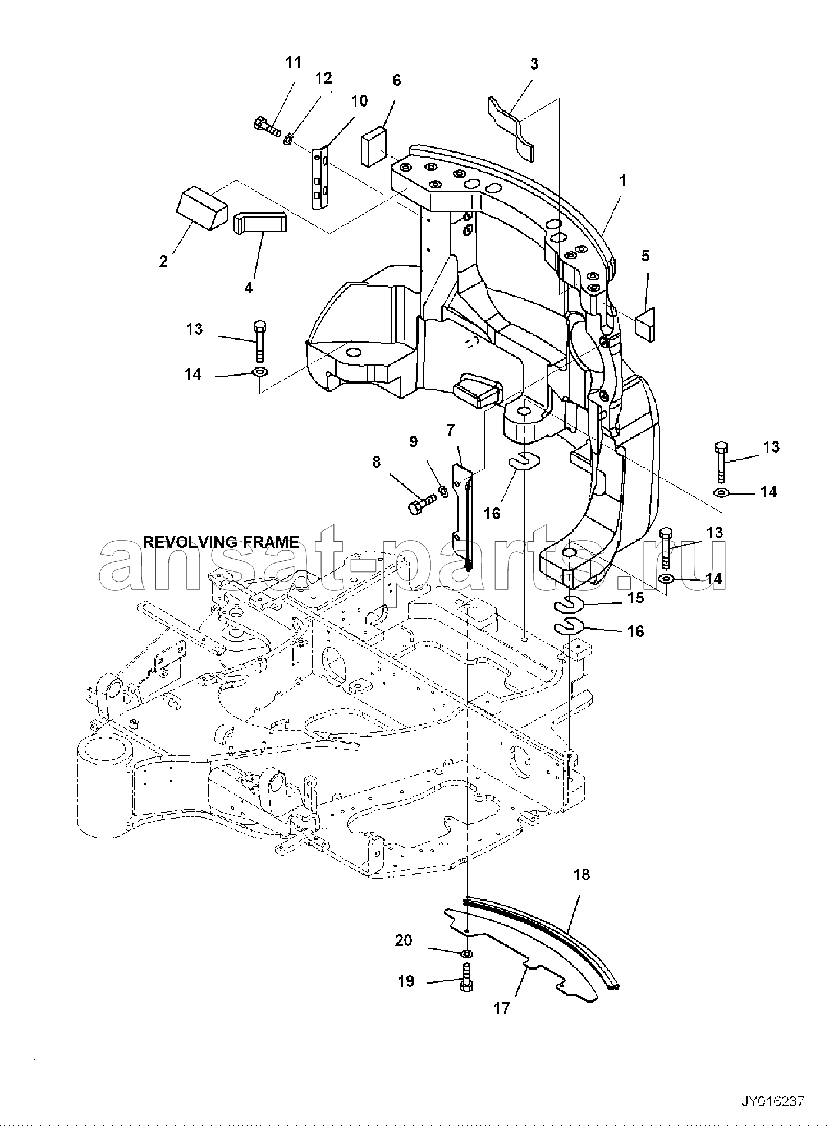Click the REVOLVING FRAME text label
(x=221, y=542)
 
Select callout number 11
(x=294, y=62)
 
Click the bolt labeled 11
(x=267, y=126)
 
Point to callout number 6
(x=397, y=80)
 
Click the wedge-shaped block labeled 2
(x=202, y=208)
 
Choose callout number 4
(x=249, y=288)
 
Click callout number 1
(x=622, y=181)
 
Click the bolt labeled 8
(x=423, y=502)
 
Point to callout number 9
(x=413, y=441)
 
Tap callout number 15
(x=635, y=598)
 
